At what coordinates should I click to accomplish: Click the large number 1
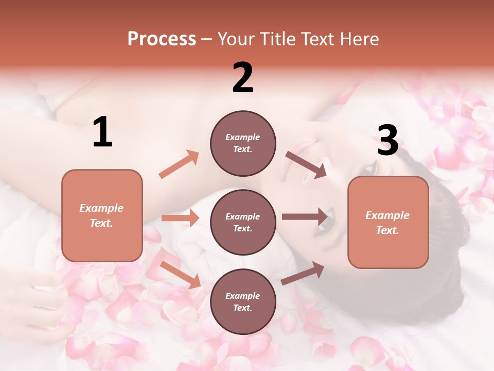tap(102, 132)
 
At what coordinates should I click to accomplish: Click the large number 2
tap(243, 78)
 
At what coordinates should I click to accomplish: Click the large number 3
tap(387, 141)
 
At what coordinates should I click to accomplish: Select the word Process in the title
tap(162, 39)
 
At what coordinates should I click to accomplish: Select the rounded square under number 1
tap(102, 215)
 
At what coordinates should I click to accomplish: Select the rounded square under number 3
tap(388, 222)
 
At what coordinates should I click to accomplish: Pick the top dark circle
tap(243, 143)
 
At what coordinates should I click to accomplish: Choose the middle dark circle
tap(243, 222)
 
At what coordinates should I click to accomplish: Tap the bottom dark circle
tap(243, 301)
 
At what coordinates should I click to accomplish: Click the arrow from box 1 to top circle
tap(179, 164)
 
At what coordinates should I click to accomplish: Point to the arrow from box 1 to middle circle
tap(181, 218)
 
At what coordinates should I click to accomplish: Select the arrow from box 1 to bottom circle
tap(180, 275)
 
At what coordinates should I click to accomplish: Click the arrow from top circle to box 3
tap(305, 164)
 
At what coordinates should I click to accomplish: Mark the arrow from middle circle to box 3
tap(305, 217)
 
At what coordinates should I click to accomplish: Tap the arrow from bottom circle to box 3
tap(303, 274)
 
